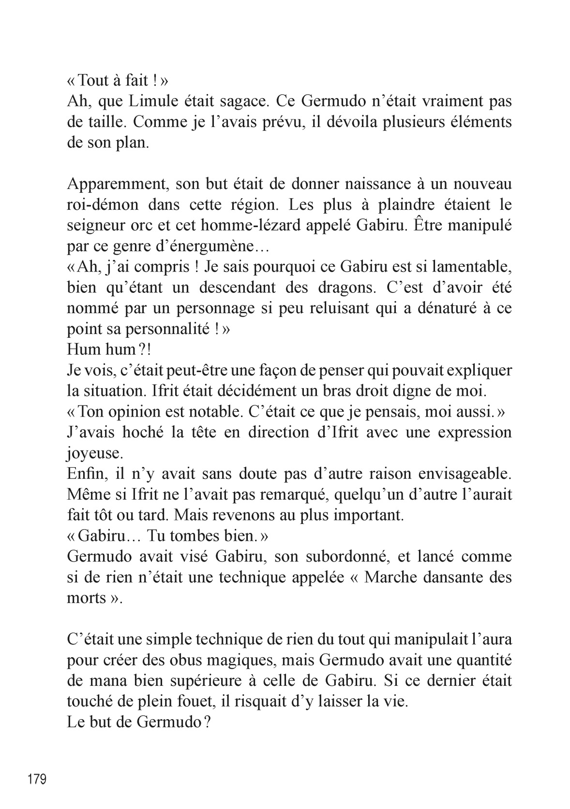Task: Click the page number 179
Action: [37, 779]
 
